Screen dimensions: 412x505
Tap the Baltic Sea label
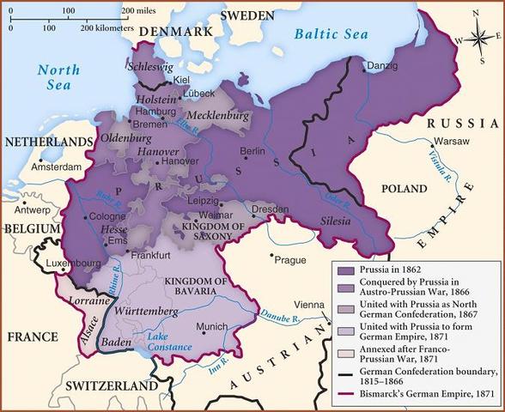(327, 35)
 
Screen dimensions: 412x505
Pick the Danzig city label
(382, 65)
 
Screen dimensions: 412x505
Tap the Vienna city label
(309, 306)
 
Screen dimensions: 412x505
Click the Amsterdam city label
(56, 167)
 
